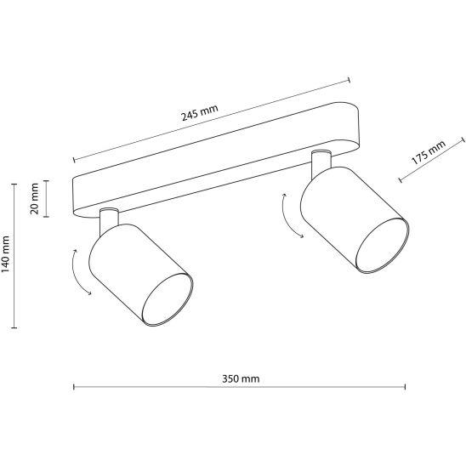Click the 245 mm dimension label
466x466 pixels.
click(200, 112)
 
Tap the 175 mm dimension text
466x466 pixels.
click(429, 152)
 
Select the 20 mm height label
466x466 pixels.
click(35, 199)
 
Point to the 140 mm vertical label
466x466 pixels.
click(6, 254)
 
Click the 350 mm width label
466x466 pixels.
click(241, 379)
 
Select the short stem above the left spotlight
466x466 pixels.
click(109, 220)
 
